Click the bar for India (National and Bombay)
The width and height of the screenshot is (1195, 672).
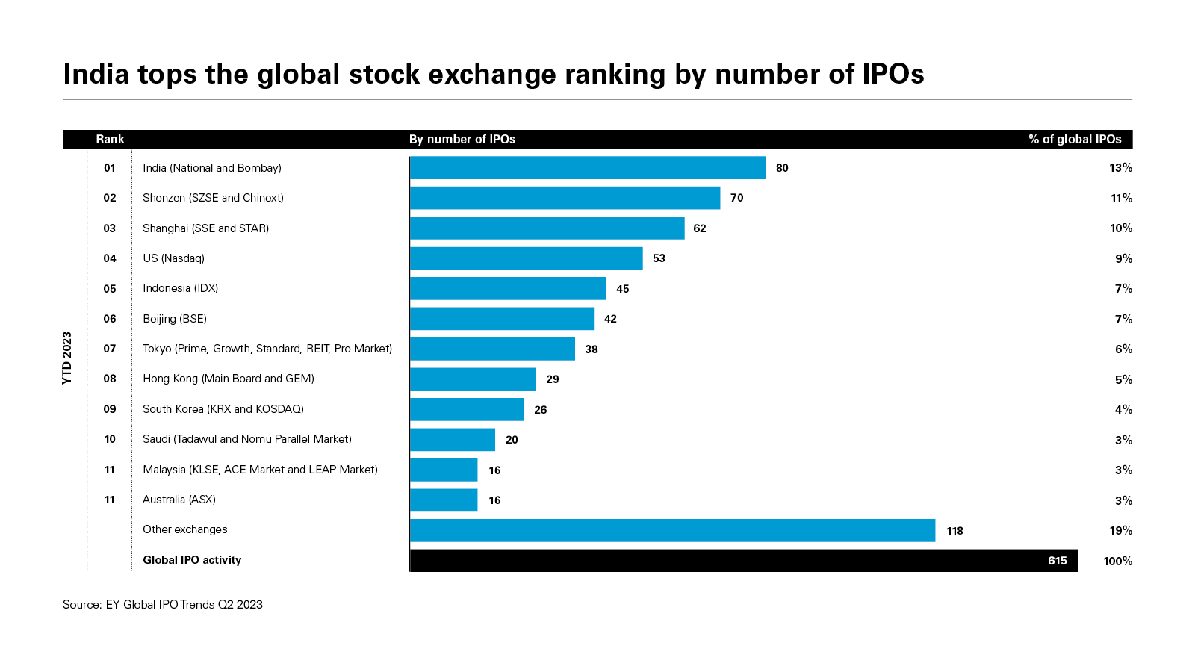click(588, 168)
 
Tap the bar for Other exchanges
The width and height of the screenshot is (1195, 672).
click(672, 531)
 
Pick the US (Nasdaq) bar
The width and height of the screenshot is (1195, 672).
click(527, 258)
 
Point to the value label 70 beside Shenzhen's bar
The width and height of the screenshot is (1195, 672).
click(737, 198)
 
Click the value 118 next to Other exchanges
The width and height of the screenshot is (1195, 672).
click(955, 531)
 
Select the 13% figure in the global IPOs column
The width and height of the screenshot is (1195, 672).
click(1120, 168)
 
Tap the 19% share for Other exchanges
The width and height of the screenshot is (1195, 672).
click(1120, 531)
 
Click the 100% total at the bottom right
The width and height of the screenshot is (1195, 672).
click(1117, 561)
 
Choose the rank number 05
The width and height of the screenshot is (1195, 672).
click(110, 289)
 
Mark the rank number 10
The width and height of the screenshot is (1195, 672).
click(110, 440)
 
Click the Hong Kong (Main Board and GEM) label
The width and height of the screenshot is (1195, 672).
click(229, 379)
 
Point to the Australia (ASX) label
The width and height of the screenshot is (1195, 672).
click(179, 500)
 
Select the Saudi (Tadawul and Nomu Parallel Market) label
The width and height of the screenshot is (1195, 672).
click(247, 439)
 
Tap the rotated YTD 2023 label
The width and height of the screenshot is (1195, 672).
click(67, 358)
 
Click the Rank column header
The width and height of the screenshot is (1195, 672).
click(110, 140)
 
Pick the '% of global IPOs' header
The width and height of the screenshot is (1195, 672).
click(1075, 140)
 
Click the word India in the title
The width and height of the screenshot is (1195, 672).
click(96, 75)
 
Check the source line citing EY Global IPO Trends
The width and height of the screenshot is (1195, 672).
click(163, 605)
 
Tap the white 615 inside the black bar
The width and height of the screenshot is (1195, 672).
click(1057, 561)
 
